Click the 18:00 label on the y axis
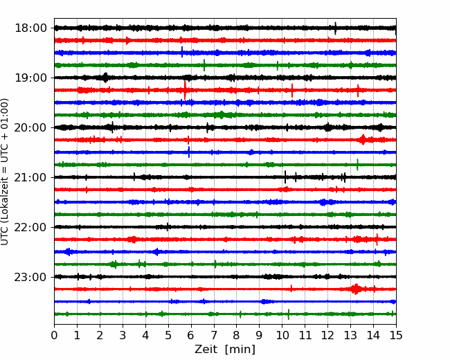pyautogui.click(x=30, y=28)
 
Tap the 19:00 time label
pyautogui.click(x=30, y=78)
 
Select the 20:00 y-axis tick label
pyautogui.click(x=30, y=127)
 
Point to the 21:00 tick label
pyautogui.click(x=30, y=177)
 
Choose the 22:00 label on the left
pyautogui.click(x=30, y=227)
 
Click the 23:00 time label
pyautogui.click(x=30, y=277)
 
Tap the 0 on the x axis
pyautogui.click(x=54, y=335)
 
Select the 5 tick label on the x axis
pyautogui.click(x=168, y=335)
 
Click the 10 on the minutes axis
pyautogui.click(x=282, y=335)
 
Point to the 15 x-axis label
pyautogui.click(x=396, y=335)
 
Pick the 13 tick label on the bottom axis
pyautogui.click(x=350, y=335)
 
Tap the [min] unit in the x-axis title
pyautogui.click(x=240, y=350)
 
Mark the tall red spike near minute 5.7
pyautogui.click(x=185, y=90)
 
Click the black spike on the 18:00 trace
pyautogui.click(x=336, y=28)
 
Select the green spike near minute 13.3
pyautogui.click(x=357, y=165)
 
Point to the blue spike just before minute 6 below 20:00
pyautogui.click(x=188, y=152)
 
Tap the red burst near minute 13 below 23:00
pyautogui.click(x=356, y=289)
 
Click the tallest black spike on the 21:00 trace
pyautogui.click(x=285, y=177)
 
